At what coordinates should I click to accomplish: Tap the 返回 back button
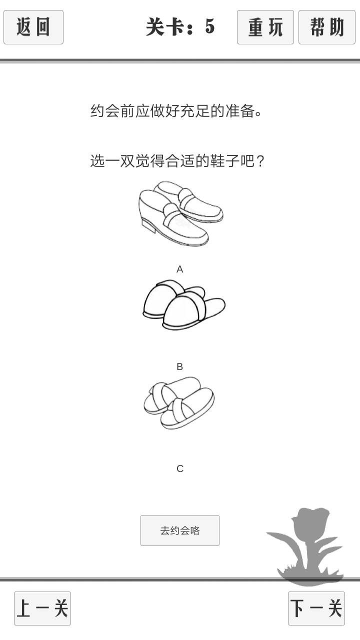click(33, 27)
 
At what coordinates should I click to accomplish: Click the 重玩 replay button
click(265, 27)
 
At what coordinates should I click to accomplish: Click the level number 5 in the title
click(210, 26)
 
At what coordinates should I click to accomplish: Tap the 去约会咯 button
click(180, 530)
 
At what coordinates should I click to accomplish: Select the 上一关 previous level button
click(42, 608)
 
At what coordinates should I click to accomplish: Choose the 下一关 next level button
click(316, 608)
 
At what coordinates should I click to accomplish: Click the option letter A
click(179, 269)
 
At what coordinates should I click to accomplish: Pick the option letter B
click(179, 366)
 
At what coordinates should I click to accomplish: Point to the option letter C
click(180, 468)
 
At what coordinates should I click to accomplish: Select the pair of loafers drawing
click(180, 213)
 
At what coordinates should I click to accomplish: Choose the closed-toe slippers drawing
click(184, 305)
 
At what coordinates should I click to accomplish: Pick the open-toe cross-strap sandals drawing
click(179, 403)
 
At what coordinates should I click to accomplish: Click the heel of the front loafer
click(149, 225)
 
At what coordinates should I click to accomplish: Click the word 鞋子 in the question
click(225, 161)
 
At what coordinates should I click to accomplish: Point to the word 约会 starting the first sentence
click(105, 111)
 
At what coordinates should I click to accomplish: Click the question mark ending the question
click(260, 161)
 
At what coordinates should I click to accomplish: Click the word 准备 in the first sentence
click(240, 111)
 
